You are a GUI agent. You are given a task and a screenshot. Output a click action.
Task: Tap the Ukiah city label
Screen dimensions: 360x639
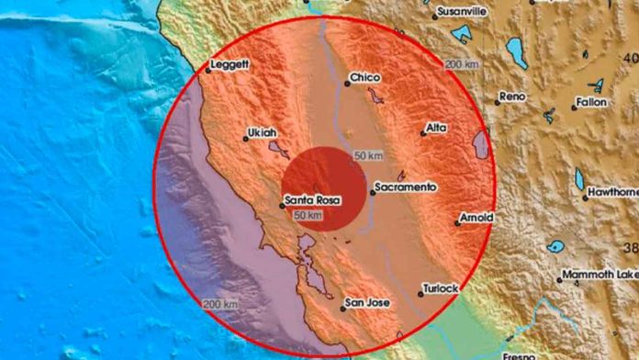pyautogui.click(x=261, y=133)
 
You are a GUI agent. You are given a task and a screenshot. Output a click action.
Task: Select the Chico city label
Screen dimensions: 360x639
pyautogui.click(x=365, y=79)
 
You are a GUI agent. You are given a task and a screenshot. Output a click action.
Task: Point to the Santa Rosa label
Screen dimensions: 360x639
pyautogui.click(x=309, y=200)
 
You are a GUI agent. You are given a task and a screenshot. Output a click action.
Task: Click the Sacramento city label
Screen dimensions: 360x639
pyautogui.click(x=405, y=187)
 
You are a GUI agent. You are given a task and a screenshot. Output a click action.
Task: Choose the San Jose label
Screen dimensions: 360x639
pyautogui.click(x=367, y=302)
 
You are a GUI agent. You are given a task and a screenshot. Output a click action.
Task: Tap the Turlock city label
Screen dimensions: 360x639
pyautogui.click(x=440, y=288)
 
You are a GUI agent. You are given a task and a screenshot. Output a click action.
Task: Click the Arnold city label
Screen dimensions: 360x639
pyautogui.click(x=477, y=218)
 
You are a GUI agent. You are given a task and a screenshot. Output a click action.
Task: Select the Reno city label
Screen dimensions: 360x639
pyautogui.click(x=510, y=96)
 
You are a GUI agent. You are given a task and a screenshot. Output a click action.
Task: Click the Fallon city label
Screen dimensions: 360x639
pyautogui.click(x=591, y=102)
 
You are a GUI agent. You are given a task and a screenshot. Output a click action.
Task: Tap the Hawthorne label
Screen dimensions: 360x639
pyautogui.click(x=613, y=192)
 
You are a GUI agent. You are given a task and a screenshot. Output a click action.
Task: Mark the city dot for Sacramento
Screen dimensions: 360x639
pyautogui.click(x=372, y=192)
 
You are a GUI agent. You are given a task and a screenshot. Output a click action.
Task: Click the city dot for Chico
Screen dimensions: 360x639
pyautogui.click(x=347, y=84)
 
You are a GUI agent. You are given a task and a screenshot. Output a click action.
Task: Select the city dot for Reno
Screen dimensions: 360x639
pyautogui.click(x=497, y=101)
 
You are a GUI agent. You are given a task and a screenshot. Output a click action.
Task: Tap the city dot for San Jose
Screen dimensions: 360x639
pyautogui.click(x=342, y=308)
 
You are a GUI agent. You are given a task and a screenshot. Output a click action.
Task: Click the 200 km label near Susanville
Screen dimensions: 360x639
pyautogui.click(x=463, y=64)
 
